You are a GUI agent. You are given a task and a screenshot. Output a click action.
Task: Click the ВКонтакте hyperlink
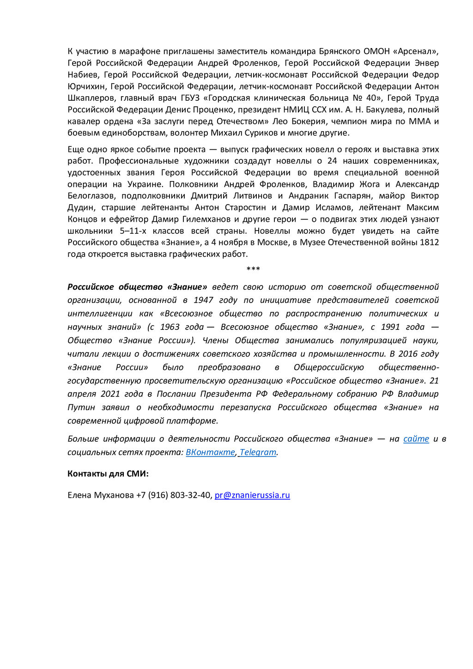[210, 452]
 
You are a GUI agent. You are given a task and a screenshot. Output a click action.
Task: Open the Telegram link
[258, 452]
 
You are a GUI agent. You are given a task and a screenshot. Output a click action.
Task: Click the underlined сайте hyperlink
[416, 439]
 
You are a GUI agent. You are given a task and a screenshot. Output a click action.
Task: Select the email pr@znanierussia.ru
[252, 495]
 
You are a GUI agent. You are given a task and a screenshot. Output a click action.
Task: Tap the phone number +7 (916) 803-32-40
[173, 495]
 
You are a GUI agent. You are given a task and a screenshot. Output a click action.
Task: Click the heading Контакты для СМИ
[108, 474]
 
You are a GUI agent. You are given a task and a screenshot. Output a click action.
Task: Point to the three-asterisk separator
[253, 269]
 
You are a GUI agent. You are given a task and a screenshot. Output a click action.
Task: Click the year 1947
[203, 300]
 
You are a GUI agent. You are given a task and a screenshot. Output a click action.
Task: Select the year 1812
[429, 243]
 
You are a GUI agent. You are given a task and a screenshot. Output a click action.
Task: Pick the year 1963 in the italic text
[170, 327]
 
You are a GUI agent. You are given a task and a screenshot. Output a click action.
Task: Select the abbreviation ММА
[419, 122]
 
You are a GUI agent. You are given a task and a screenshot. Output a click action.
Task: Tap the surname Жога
[370, 184]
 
